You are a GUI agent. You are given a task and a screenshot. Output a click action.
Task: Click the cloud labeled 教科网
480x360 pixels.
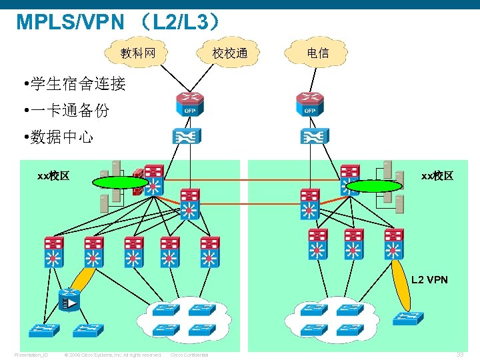click(138, 53)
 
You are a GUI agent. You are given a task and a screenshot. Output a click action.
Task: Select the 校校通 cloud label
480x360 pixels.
click(230, 53)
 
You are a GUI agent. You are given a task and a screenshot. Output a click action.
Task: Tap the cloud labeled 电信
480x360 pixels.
click(317, 53)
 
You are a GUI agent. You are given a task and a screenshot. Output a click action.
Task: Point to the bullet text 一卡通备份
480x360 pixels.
click(69, 111)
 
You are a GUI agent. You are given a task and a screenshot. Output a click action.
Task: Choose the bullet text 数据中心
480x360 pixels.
click(61, 137)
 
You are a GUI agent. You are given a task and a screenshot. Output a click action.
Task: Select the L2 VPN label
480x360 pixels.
click(429, 279)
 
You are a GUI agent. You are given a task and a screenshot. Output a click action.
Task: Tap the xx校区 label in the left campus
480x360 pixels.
click(53, 176)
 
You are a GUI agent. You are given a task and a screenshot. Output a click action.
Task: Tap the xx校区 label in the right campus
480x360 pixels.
click(437, 176)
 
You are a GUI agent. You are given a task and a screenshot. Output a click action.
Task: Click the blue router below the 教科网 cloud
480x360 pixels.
click(190, 104)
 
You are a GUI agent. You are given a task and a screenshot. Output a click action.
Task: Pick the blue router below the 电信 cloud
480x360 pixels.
click(310, 104)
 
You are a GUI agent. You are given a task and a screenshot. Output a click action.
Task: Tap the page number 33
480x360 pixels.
click(459, 355)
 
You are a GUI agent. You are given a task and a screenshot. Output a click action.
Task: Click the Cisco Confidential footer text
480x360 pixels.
click(190, 355)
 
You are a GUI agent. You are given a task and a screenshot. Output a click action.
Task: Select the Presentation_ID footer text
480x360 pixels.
click(31, 355)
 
